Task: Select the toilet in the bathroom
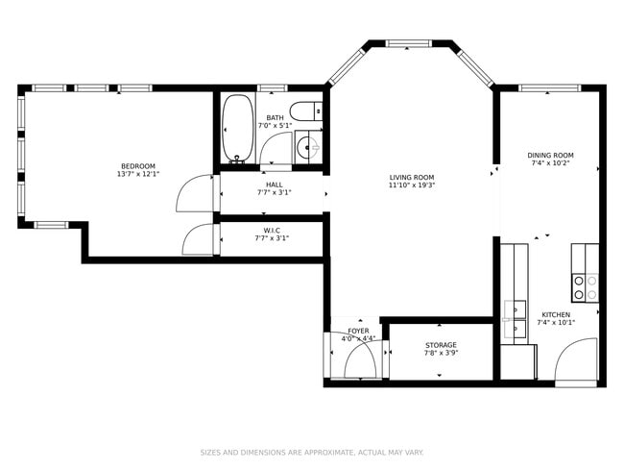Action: pyautogui.click(x=306, y=111)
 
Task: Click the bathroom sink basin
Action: pyautogui.click(x=308, y=147)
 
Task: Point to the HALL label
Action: pyautogui.click(x=275, y=185)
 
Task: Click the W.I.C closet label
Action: pyautogui.click(x=272, y=231)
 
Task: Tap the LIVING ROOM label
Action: pyautogui.click(x=412, y=178)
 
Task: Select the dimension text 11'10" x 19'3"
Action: pyautogui.click(x=412, y=185)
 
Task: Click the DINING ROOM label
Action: pyautogui.click(x=550, y=156)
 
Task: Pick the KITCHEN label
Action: pyautogui.click(x=556, y=315)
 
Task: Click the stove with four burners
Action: pyautogui.click(x=586, y=287)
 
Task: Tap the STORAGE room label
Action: pyautogui.click(x=441, y=345)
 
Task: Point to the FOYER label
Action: pyautogui.click(x=359, y=332)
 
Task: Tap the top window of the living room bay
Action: pyautogui.click(x=408, y=43)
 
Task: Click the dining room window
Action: pyautogui.click(x=549, y=88)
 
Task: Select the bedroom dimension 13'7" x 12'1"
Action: pyautogui.click(x=138, y=174)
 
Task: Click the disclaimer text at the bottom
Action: pyautogui.click(x=312, y=453)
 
